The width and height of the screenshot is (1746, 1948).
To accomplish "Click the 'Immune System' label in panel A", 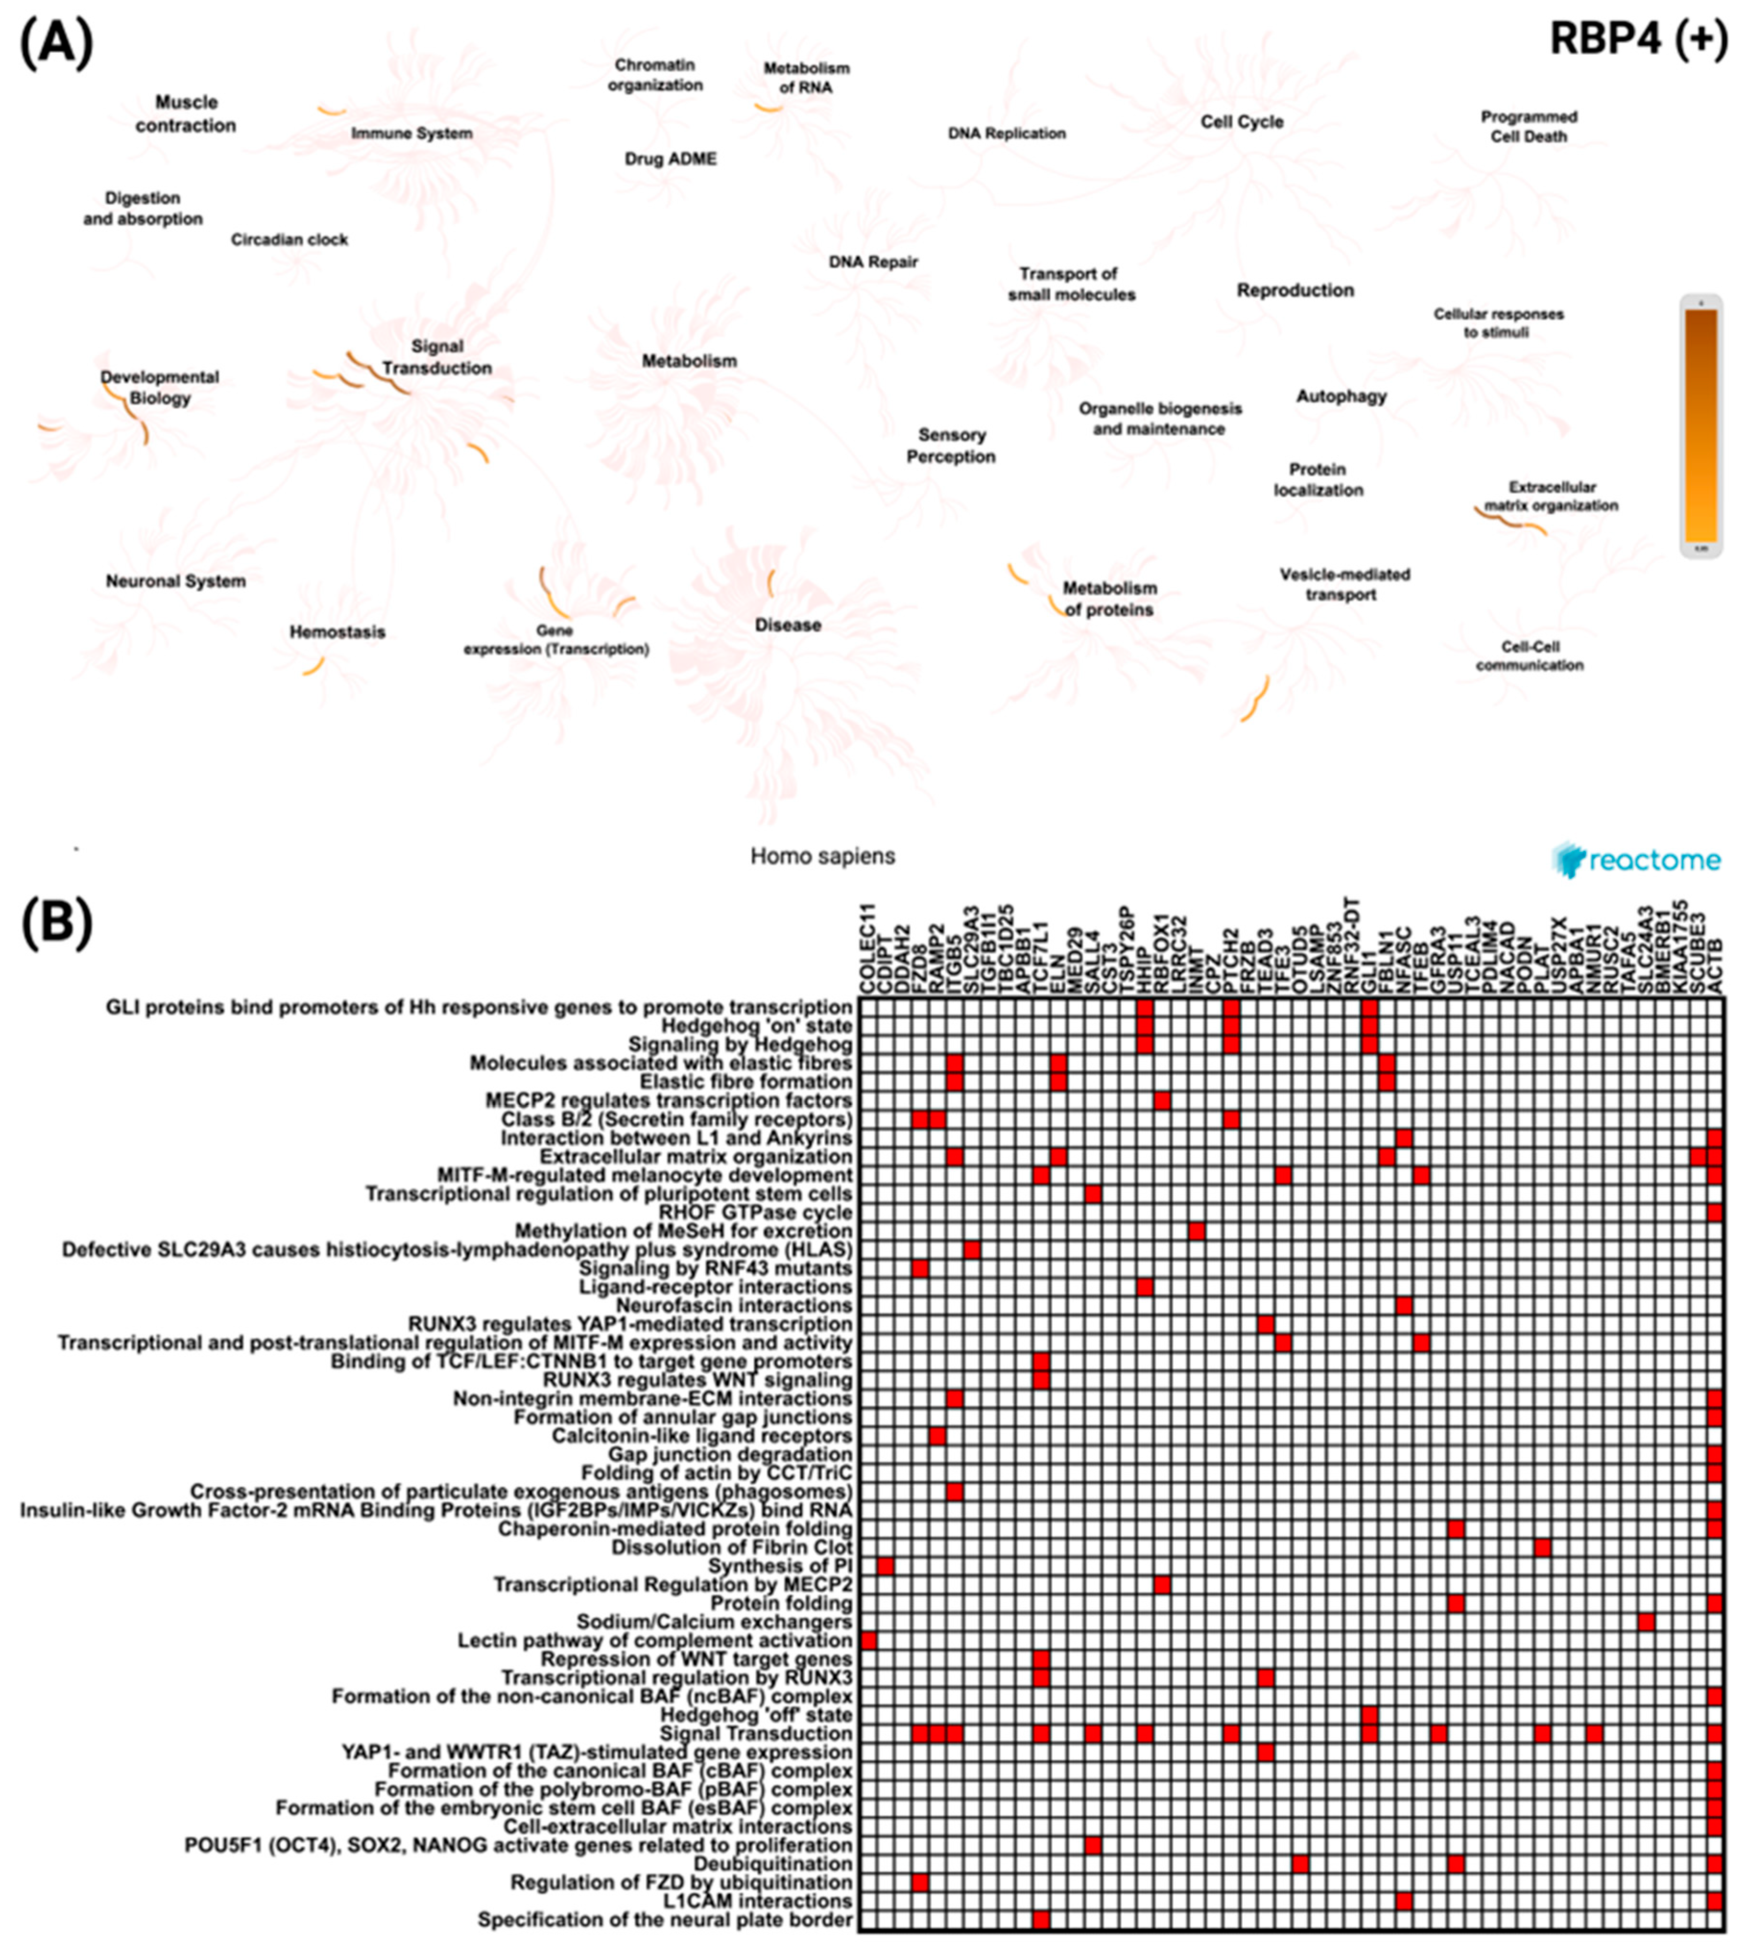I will click(x=412, y=133).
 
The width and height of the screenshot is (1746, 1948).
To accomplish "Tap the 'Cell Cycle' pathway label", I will click(x=1241, y=122).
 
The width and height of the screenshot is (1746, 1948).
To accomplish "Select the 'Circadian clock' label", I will click(x=289, y=240).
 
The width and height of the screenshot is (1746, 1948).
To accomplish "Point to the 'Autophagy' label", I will click(x=1341, y=396).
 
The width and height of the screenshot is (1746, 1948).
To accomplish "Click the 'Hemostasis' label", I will click(x=337, y=633).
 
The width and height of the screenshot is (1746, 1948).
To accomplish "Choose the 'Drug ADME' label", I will click(x=671, y=159).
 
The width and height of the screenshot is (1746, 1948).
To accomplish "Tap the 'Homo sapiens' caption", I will click(x=822, y=856).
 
